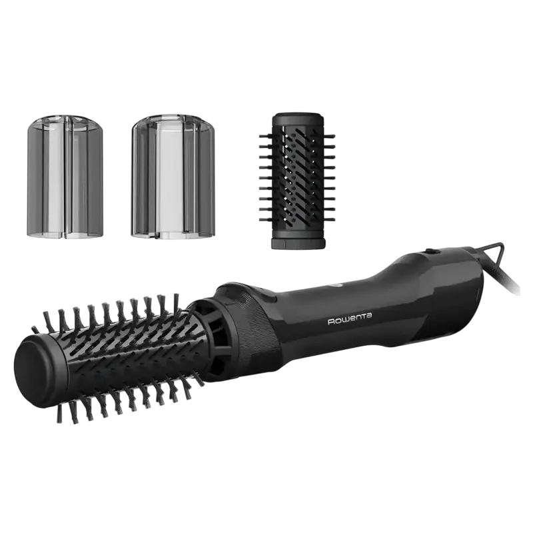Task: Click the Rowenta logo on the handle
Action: pos(349,320)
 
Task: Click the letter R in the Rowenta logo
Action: pos(332,321)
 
